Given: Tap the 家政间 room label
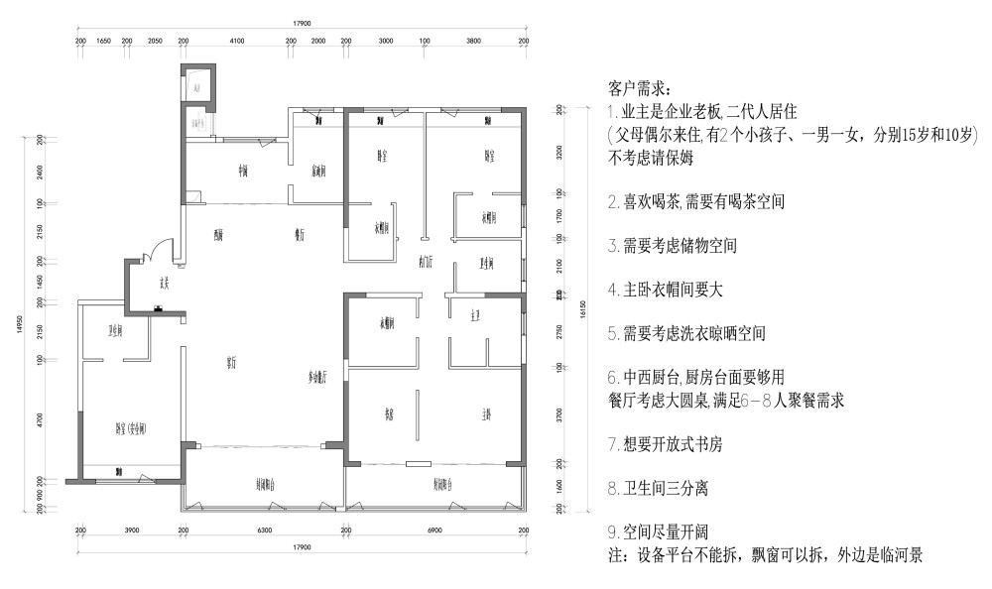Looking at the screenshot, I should (319, 170).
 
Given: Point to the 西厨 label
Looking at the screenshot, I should (218, 235).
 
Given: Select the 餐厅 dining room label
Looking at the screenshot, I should (297, 235).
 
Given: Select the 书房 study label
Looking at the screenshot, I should (391, 415).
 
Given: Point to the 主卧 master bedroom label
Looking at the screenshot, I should (487, 415).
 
